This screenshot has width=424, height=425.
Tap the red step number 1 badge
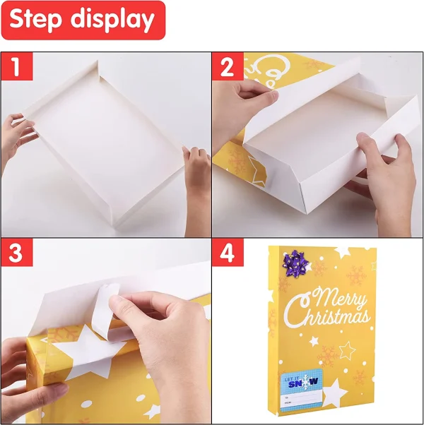click(x=15, y=68)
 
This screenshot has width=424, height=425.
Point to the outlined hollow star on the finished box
click(x=347, y=349)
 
